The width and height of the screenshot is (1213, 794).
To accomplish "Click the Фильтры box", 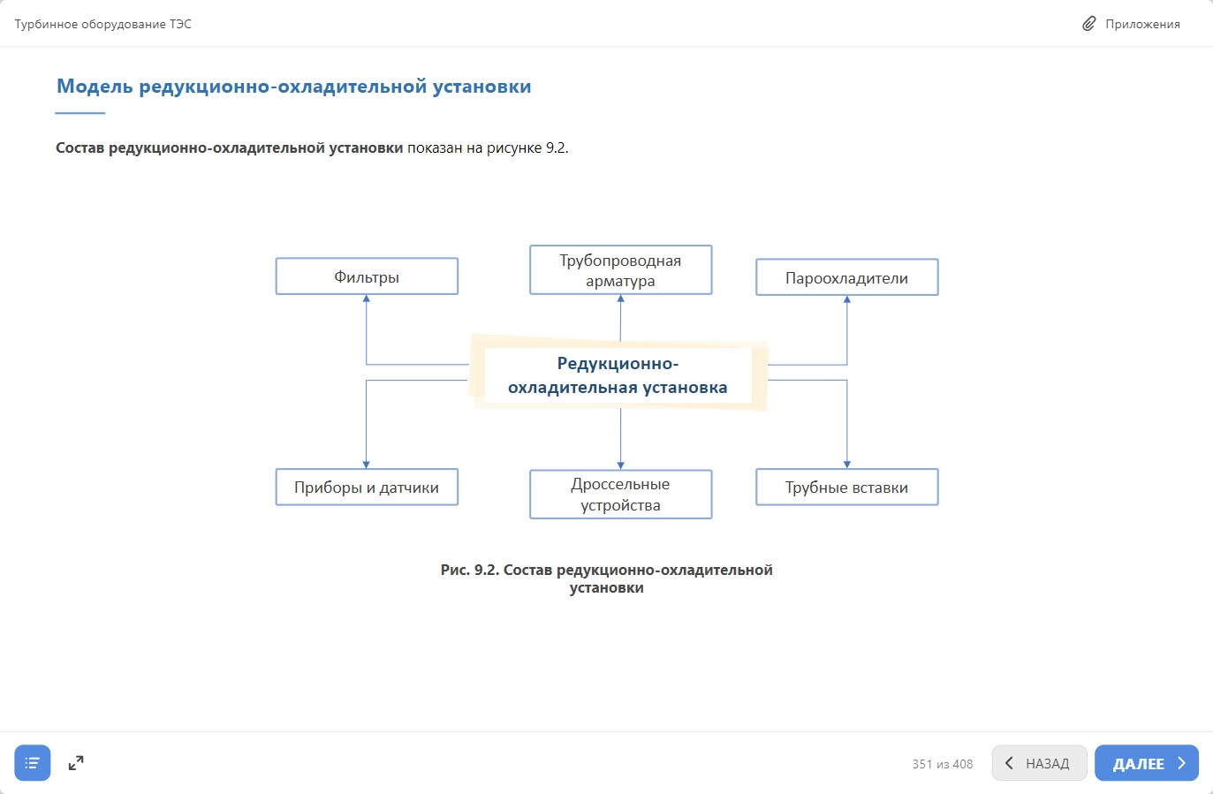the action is click(x=367, y=276).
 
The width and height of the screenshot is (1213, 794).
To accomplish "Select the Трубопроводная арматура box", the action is click(x=620, y=269).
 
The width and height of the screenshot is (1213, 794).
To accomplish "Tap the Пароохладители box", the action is click(x=847, y=277).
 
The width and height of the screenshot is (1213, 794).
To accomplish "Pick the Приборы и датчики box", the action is click(x=367, y=488).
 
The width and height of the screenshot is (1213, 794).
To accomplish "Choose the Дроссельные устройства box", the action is click(x=620, y=495).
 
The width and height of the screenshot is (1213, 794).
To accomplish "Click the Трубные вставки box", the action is click(x=847, y=488).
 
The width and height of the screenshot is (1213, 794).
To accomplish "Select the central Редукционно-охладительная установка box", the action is click(x=618, y=375).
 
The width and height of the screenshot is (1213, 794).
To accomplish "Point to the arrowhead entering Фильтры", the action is click(x=367, y=299).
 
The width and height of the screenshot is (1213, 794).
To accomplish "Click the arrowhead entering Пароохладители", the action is click(x=847, y=299).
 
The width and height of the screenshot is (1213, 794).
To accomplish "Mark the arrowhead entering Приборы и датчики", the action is click(x=366, y=465).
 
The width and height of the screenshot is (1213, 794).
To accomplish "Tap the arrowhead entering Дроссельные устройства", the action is click(x=620, y=466).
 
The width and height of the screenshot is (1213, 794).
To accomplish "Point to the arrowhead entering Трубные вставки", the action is click(x=847, y=465).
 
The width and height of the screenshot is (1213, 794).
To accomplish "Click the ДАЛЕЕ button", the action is click(x=1147, y=763).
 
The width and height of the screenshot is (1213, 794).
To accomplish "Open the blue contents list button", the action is click(x=33, y=763).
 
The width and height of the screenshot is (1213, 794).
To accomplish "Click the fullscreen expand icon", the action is click(x=76, y=763).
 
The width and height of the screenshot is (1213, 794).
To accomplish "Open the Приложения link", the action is click(x=1142, y=25).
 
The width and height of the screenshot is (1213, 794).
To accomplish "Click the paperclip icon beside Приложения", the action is click(x=1089, y=24).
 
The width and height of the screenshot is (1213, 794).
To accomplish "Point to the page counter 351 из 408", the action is click(x=943, y=764).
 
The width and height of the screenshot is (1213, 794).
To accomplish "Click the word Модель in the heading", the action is click(x=95, y=86).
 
